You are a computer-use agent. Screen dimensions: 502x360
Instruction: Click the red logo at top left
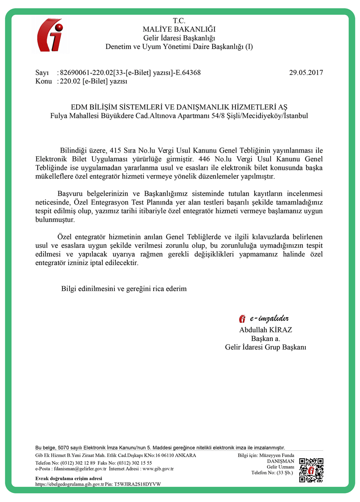coord(50,35)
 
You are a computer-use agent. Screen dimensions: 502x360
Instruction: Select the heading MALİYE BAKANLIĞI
coord(179,29)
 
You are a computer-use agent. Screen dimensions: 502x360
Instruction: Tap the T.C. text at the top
coord(179,21)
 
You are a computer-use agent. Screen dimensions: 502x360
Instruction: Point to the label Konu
coord(44,81)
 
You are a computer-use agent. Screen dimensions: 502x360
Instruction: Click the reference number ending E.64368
coord(130,72)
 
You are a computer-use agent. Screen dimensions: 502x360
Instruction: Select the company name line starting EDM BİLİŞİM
coord(179,107)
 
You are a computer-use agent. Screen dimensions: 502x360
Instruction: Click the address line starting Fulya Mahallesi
coord(179,115)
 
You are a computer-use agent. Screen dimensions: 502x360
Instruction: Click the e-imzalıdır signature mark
coord(264,319)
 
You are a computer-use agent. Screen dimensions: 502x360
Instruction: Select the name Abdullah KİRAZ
coord(266,330)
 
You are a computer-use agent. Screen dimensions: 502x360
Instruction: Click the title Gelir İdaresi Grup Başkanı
coord(266,347)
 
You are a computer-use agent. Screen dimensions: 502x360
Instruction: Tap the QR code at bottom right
coord(311,470)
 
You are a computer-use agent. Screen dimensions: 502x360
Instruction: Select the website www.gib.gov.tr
coord(158,469)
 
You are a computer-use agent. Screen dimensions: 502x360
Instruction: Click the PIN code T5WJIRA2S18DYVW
coord(138,484)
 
